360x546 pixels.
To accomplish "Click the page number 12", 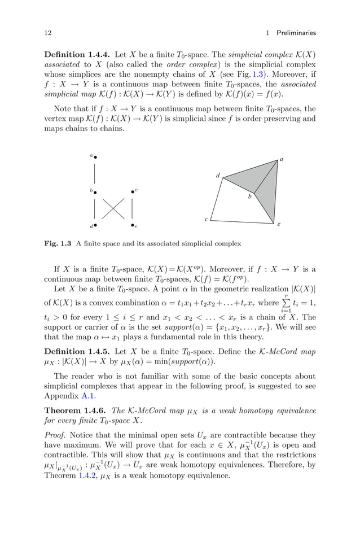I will point(47,33).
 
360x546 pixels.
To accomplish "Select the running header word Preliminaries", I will point(296,33).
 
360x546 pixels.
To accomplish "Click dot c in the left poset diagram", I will point(132,192).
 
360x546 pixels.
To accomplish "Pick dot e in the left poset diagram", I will point(132,225).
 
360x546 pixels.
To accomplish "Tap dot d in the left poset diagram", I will point(95,225).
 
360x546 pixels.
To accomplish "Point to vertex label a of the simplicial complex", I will point(281,160).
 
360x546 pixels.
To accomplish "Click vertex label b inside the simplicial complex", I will point(250,198).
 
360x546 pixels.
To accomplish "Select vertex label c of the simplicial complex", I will point(206,219).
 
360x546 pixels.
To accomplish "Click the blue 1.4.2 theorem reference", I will point(82,475).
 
